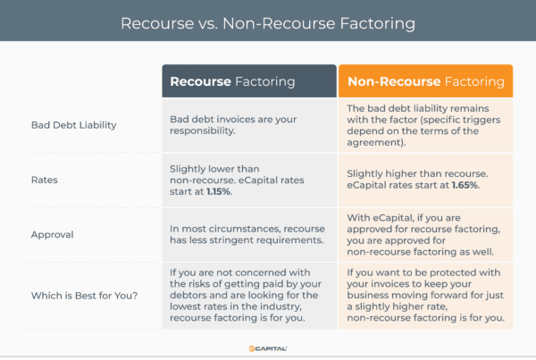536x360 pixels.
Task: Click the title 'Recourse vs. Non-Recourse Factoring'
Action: click(268, 21)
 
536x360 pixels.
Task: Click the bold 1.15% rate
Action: click(243, 192)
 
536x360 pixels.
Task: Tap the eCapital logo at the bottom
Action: click(268, 347)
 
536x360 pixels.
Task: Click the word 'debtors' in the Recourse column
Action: click(190, 285)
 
